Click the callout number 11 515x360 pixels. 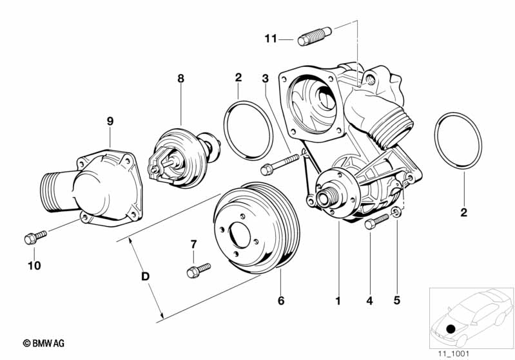click(x=271, y=39)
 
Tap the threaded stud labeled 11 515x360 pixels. click(x=315, y=36)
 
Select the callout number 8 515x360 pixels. click(x=180, y=79)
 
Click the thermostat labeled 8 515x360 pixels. click(x=184, y=158)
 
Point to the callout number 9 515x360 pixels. click(x=110, y=122)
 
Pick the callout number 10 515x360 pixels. click(x=34, y=265)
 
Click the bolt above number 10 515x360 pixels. click(x=35, y=237)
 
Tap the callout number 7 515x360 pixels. click(x=193, y=244)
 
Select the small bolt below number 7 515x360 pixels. click(x=199, y=270)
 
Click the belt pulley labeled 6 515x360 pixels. click(x=257, y=229)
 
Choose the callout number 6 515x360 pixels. click(x=281, y=300)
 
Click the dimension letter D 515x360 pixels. click(x=145, y=276)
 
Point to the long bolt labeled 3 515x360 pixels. click(x=280, y=164)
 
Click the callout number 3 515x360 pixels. click(x=265, y=79)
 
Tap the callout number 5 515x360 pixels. click(x=397, y=300)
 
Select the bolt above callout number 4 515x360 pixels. click(x=376, y=221)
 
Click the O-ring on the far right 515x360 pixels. click(x=458, y=141)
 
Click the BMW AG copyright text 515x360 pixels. click(x=44, y=343)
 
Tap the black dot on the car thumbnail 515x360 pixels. click(x=451, y=328)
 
